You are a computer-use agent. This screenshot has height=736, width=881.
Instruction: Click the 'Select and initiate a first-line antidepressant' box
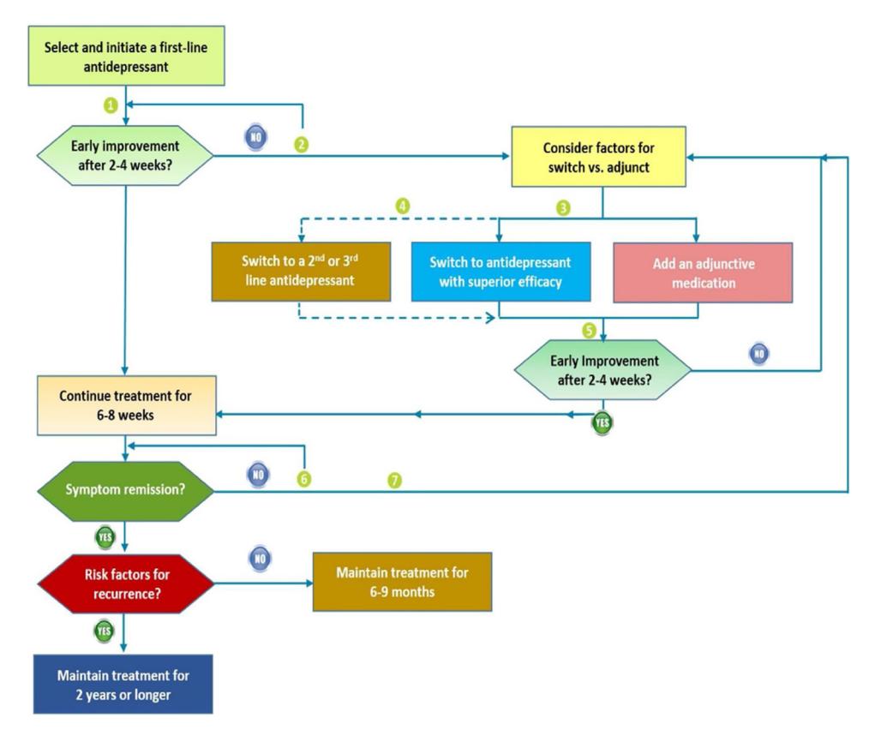click(x=127, y=56)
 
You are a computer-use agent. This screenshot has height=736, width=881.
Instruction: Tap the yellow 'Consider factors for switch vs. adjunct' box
click(x=598, y=157)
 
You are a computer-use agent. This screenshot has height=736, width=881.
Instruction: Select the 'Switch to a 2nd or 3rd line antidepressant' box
click(x=301, y=272)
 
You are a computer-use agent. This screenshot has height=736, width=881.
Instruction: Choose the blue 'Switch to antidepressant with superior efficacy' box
click(x=500, y=272)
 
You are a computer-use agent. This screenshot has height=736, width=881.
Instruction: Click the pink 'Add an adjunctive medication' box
click(x=703, y=272)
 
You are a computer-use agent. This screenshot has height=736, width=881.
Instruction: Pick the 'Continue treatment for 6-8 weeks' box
click(x=127, y=405)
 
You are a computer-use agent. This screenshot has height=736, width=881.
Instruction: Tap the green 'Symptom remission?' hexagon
click(x=125, y=491)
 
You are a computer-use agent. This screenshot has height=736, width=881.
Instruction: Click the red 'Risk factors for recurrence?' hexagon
click(x=126, y=583)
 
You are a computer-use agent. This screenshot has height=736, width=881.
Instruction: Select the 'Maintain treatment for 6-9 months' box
click(x=402, y=582)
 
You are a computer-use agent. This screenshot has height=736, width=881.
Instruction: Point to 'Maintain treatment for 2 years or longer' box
click(x=123, y=685)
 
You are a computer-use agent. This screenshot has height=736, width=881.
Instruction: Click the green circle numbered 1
click(x=111, y=105)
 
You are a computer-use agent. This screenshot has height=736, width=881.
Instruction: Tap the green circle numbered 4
click(x=402, y=206)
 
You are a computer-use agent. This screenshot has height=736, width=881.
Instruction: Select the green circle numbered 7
click(x=394, y=481)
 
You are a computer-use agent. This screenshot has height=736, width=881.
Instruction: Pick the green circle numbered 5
click(x=589, y=331)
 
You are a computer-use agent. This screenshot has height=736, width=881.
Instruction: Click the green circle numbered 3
click(x=563, y=208)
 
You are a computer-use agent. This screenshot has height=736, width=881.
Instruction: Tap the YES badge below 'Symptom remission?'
click(x=105, y=537)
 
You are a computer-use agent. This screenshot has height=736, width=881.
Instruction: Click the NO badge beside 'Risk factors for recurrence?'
click(x=260, y=559)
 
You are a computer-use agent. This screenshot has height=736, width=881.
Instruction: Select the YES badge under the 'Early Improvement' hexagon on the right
click(x=602, y=422)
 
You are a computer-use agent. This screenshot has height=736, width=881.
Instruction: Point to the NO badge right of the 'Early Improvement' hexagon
click(x=759, y=353)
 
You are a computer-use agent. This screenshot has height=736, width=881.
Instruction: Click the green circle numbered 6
click(x=304, y=479)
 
